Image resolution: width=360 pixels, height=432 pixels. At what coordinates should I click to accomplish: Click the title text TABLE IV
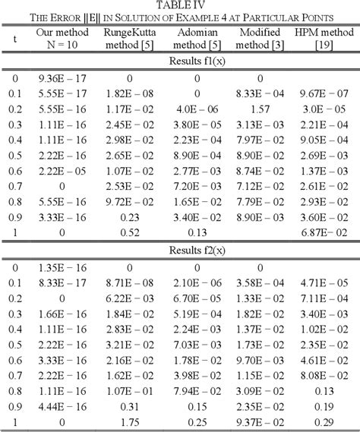(x=179, y=6)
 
